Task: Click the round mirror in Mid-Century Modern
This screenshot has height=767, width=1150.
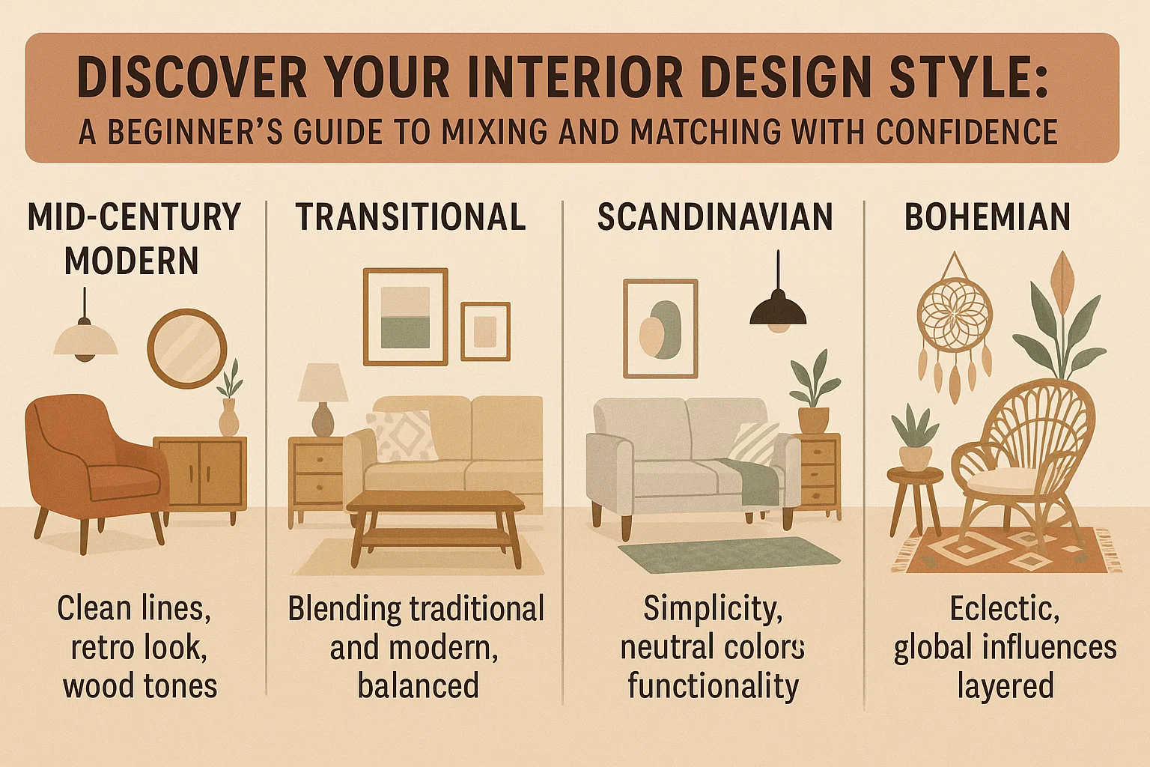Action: pos(186,348)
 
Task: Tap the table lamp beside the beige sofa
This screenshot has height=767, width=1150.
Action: pos(323,397)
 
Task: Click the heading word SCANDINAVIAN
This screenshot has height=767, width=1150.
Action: pos(714,218)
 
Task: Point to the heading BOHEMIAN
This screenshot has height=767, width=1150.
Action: pos(987,218)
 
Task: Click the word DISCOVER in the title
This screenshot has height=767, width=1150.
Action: pos(192,78)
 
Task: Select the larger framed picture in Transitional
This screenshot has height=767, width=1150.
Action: pos(405,316)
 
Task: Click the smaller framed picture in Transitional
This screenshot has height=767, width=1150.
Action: pos(485,331)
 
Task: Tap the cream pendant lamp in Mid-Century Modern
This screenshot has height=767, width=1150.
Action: pos(85,341)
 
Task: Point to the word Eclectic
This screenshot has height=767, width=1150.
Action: pos(1004,609)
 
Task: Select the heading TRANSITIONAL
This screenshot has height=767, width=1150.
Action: pos(410,218)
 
